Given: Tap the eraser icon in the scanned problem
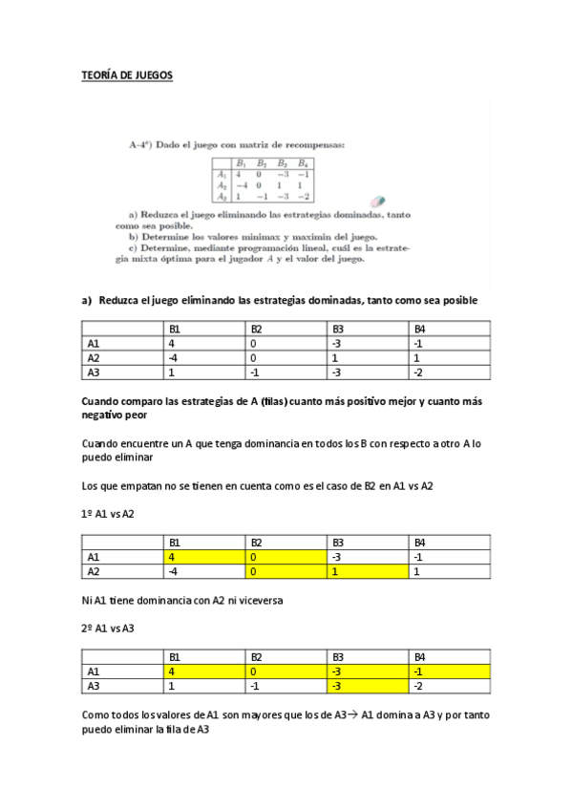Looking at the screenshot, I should click(377, 202).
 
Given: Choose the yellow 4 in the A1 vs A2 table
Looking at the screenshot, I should click(172, 557).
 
